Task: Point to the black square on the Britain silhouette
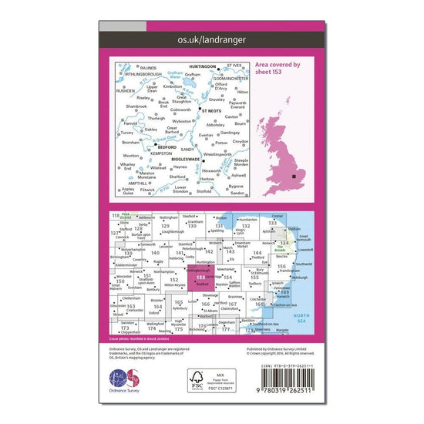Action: [x=295, y=177]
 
